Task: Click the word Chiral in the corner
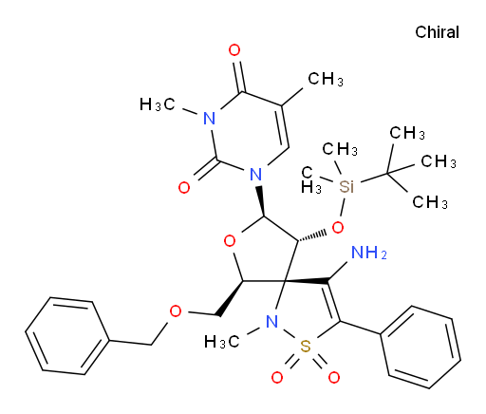click(x=437, y=32)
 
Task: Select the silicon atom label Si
click(x=346, y=186)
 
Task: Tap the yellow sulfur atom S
click(x=306, y=347)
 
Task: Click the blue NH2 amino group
click(x=369, y=253)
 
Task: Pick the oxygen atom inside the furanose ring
click(x=230, y=241)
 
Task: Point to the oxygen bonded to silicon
click(x=338, y=227)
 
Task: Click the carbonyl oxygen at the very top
click(x=234, y=50)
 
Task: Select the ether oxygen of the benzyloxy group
click(x=176, y=311)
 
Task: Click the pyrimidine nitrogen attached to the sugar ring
click(x=255, y=174)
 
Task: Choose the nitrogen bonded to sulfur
click(x=271, y=322)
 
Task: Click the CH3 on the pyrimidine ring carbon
click(x=326, y=79)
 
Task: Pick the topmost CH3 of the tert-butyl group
click(x=407, y=133)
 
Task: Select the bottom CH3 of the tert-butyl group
click(x=430, y=201)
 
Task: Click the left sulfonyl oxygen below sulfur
click(x=277, y=377)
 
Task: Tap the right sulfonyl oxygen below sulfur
click(x=334, y=377)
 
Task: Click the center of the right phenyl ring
click(x=421, y=348)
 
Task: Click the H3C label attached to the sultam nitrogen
click(x=221, y=342)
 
